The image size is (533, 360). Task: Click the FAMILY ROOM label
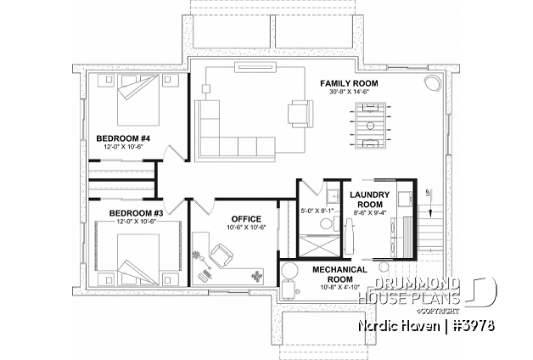349,83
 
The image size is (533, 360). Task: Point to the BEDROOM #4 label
123,138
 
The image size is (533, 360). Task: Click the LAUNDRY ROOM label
368,199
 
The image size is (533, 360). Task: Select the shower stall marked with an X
311,247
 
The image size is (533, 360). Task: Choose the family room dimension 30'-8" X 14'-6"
349,93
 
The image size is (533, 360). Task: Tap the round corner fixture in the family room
432,83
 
